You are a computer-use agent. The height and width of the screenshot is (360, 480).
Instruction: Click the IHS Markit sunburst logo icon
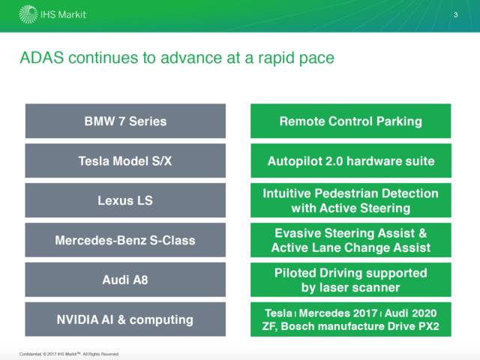coord(28,14)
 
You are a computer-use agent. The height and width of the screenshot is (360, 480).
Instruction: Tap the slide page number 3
coord(455,15)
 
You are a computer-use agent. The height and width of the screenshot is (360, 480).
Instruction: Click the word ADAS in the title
coord(42,58)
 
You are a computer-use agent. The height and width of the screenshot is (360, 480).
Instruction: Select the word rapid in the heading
coord(276,58)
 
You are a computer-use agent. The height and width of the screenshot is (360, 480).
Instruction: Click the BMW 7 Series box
coord(125,121)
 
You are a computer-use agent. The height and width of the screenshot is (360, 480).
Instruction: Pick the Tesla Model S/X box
coord(125,160)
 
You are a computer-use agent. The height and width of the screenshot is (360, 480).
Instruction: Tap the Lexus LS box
coord(125,200)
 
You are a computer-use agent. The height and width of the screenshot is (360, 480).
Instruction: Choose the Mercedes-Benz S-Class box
coord(125,240)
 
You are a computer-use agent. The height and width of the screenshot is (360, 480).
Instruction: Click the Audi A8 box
coord(125,280)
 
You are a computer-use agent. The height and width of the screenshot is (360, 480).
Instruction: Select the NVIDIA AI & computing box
coord(125,319)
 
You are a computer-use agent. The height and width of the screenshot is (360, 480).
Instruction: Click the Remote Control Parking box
coord(351,121)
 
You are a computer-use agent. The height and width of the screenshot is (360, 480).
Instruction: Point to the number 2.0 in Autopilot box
coord(334,161)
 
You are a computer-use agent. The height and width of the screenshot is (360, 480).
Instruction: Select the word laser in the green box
coord(336,287)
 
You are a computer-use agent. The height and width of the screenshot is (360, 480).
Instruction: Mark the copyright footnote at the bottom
coord(69,354)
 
